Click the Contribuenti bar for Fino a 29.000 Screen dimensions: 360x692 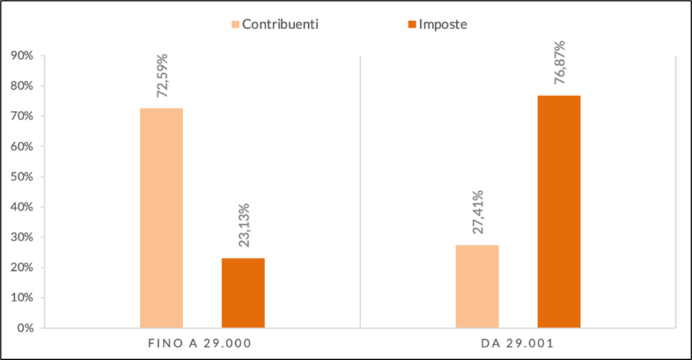(161, 217)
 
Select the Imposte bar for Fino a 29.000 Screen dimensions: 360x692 (243, 292)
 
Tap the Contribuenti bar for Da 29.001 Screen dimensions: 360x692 (477, 286)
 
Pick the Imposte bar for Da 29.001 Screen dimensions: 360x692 (559, 211)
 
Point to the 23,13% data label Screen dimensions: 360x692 (244, 225)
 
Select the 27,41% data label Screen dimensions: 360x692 (478, 212)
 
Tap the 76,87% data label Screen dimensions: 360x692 (560, 63)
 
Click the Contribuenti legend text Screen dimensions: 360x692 (280, 24)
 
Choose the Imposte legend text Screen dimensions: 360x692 (443, 24)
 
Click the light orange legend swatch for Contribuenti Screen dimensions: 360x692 (236, 25)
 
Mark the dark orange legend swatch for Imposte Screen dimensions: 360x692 (412, 25)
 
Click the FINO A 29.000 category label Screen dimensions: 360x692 (199, 344)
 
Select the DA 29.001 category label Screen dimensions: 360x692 (518, 344)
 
